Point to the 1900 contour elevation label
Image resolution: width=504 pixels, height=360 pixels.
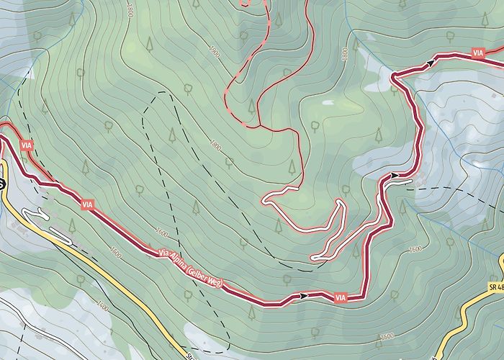point(214,53)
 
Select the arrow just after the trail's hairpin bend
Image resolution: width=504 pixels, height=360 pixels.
point(430,63)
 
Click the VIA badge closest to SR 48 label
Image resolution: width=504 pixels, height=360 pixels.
point(341,297)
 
